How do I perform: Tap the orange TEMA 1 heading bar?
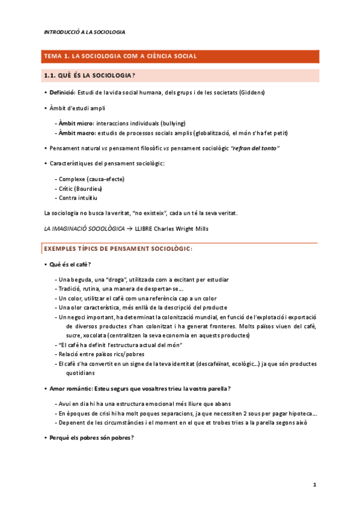point(180,56)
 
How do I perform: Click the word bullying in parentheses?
point(172,123)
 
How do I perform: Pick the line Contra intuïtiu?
point(78,197)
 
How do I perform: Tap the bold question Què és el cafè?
point(70,265)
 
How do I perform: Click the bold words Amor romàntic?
point(70,389)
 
